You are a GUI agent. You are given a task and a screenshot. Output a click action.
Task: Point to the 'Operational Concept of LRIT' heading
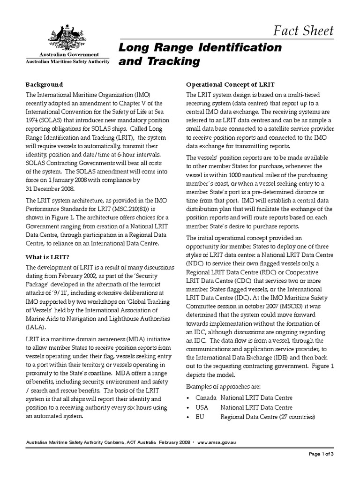pyautogui.click(x=227, y=85)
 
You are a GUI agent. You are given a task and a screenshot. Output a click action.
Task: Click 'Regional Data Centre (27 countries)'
pyautogui.click(x=268, y=417)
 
